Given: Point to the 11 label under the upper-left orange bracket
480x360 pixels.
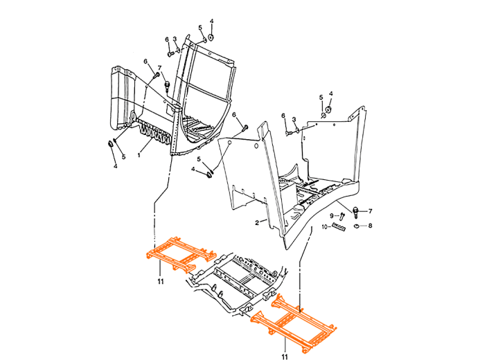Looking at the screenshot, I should (160, 282).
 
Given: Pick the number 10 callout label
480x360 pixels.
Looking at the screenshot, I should (324, 226).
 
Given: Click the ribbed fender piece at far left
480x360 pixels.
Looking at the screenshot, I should (123, 98).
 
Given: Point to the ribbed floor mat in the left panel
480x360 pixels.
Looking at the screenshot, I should (197, 128).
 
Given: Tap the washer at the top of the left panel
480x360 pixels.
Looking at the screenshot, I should (211, 37).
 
